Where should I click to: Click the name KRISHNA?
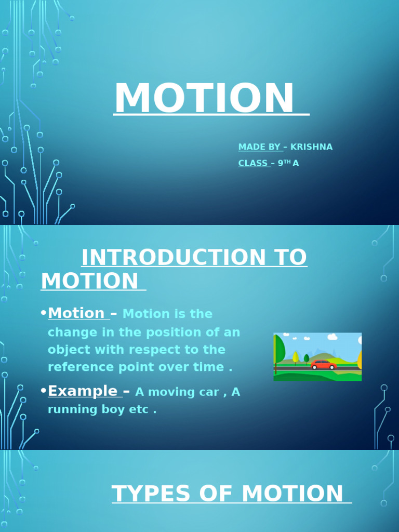[x=311, y=147]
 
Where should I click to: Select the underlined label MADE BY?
[x=259, y=147]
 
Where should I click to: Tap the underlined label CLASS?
[x=252, y=163]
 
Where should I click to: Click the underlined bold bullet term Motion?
[x=76, y=313]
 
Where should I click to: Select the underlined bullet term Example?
[x=83, y=391]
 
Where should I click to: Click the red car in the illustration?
[x=323, y=365]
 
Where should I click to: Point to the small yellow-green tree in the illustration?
[x=296, y=357]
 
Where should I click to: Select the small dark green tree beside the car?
[x=307, y=358]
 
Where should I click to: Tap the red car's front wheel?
[x=332, y=367]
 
